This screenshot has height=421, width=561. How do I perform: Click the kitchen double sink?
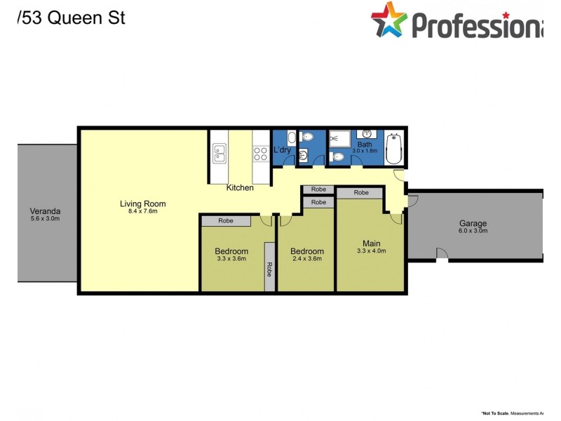[219, 153]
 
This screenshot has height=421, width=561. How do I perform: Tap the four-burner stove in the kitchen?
[262, 153]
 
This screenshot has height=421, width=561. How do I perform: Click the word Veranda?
[45, 210]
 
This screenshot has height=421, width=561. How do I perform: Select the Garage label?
[473, 224]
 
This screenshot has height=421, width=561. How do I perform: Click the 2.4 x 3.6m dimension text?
[307, 259]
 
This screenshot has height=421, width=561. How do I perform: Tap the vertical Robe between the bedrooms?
[269, 267]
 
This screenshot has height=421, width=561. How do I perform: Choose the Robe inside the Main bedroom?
[361, 192]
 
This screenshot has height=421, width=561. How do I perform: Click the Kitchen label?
[240, 187]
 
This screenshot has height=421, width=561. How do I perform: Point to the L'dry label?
[282, 150]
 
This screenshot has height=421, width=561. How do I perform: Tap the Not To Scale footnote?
[518, 413]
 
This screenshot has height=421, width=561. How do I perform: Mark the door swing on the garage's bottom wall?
[442, 255]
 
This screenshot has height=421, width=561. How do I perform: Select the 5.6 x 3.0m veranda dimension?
[45, 218]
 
